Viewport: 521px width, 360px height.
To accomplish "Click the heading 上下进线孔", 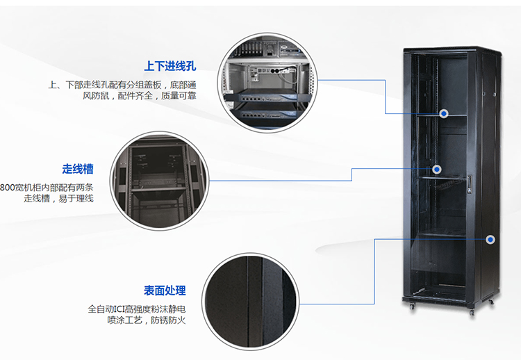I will point(170,67).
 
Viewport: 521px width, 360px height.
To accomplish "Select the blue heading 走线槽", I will point(78,169).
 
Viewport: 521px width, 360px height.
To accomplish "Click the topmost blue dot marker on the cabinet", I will point(444,113).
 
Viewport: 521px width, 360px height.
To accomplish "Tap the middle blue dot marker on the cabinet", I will point(437,169).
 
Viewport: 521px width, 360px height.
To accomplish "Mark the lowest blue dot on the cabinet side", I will point(490,239).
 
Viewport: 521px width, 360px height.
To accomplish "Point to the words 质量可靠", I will point(179,95).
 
